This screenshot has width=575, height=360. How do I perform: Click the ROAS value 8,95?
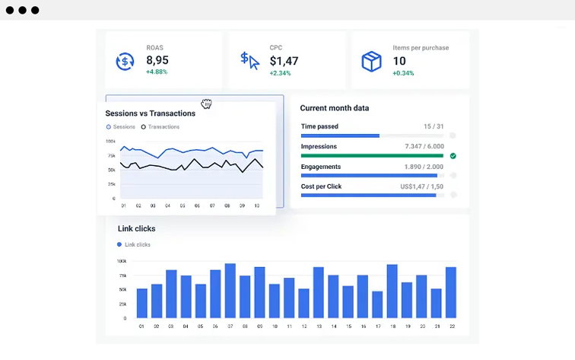point(157,60)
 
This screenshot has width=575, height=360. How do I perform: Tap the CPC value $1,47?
point(284,60)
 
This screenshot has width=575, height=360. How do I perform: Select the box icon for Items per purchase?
point(372,61)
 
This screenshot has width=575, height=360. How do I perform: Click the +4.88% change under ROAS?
point(157,72)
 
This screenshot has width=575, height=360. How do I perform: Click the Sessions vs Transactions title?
point(150,113)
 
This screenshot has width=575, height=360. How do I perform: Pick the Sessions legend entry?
point(121,127)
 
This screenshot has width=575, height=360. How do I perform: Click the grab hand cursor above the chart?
point(206,104)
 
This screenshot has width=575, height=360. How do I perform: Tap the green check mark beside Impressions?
point(453,155)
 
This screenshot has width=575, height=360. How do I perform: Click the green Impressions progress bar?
point(372,155)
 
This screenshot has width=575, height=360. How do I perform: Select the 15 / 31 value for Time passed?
point(433,126)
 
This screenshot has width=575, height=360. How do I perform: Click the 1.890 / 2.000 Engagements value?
point(422,167)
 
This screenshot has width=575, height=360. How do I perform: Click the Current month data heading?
point(335,108)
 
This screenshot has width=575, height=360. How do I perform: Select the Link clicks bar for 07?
point(230,291)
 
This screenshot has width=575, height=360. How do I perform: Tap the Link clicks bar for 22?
point(450,292)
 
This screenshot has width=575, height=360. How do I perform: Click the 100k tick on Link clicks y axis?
point(122,261)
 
